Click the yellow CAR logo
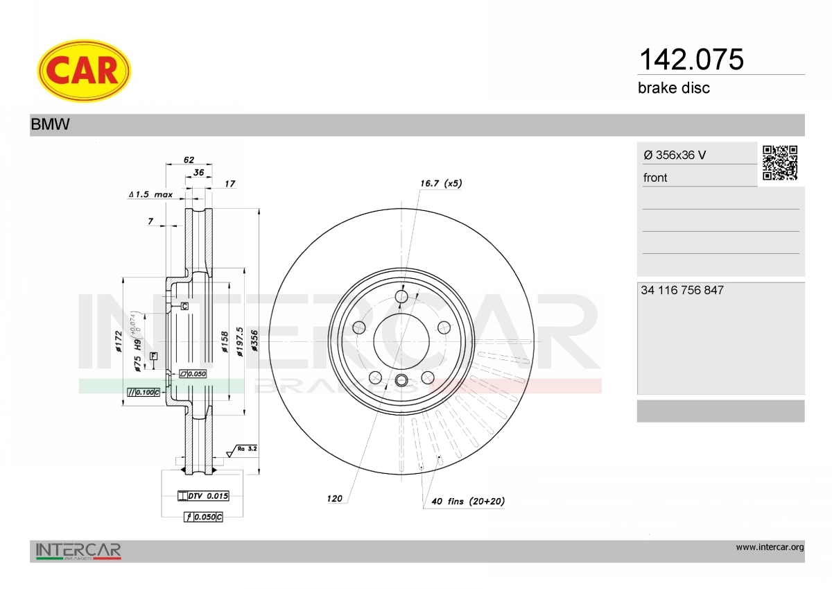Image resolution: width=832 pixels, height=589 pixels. pyautogui.click(x=84, y=71)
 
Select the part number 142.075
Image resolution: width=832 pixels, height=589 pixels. pyautogui.click(x=691, y=60)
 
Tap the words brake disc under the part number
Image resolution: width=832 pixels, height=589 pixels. pyautogui.click(x=674, y=88)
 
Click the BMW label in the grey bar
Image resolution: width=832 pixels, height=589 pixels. pyautogui.click(x=50, y=124)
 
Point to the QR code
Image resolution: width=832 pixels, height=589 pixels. pyautogui.click(x=780, y=163)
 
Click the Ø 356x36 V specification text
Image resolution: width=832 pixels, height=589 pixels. pyautogui.click(x=675, y=155)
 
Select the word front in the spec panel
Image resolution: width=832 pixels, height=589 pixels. pyautogui.click(x=655, y=178)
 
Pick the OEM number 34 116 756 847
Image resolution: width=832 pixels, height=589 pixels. pyautogui.click(x=682, y=290)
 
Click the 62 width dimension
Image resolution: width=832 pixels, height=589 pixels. pyautogui.click(x=189, y=160)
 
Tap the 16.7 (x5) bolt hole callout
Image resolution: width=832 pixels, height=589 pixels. pyautogui.click(x=441, y=183)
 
